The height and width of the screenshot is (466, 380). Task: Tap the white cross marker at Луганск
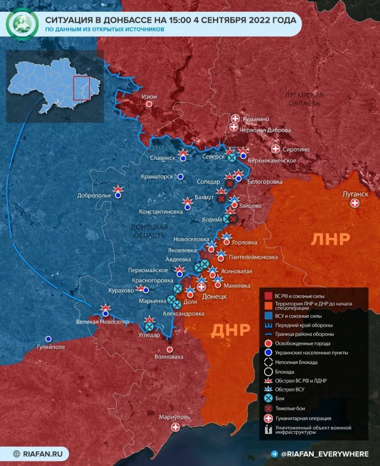pos(355,203)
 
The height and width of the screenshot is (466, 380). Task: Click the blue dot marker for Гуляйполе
pos(48,339)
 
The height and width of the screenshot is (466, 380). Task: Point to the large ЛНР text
pos(330,239)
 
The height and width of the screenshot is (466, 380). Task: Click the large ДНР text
pos(231,330)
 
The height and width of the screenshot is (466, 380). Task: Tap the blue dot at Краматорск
pos(181,177)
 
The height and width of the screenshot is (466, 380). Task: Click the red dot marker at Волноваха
pos(169,349)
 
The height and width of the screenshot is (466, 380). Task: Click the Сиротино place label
pos(296,150)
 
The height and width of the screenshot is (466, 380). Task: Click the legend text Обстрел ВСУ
pos(293,390)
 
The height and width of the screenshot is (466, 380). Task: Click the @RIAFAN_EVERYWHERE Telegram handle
pos(325,454)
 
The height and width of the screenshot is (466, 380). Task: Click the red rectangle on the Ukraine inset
pos(81,88)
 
